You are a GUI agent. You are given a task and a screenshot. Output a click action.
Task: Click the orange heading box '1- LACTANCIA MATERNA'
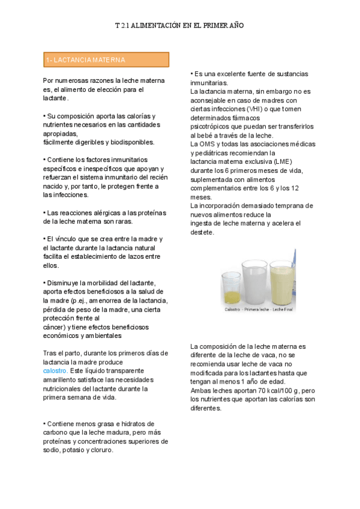(x=106, y=60)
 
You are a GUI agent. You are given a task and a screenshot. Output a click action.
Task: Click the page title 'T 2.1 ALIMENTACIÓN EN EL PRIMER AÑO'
(x=179, y=26)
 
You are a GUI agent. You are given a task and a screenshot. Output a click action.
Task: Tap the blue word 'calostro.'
(x=56, y=371)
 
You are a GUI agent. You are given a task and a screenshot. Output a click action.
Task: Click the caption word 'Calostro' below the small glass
(x=232, y=310)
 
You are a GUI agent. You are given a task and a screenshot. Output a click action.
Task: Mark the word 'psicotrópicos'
(x=211, y=127)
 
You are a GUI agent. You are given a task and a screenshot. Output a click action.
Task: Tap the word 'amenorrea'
(x=106, y=300)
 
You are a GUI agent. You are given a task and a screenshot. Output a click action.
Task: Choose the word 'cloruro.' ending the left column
(x=100, y=450)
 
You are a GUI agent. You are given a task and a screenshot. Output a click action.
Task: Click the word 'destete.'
(x=202, y=232)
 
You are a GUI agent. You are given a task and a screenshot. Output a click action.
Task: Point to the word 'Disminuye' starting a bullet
(x=63, y=283)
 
